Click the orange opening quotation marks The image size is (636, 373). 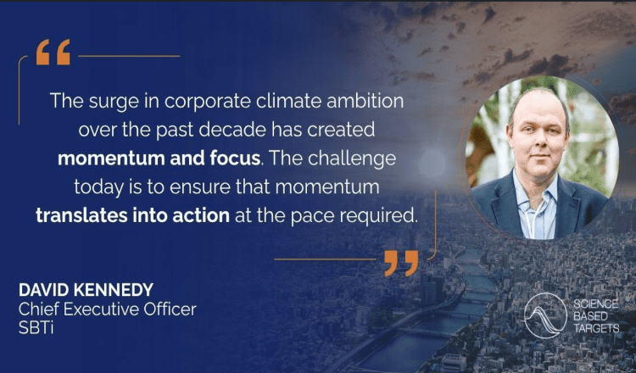(x=53, y=52)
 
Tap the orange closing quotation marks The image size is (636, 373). (x=401, y=263)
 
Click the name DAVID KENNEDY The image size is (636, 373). (x=86, y=290)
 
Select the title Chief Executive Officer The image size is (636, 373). (x=108, y=309)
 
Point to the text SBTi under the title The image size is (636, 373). (x=36, y=328)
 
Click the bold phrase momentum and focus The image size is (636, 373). (x=159, y=159)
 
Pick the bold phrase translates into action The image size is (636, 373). (x=132, y=215)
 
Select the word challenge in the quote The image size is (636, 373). (x=352, y=159)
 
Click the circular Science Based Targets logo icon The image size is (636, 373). (x=545, y=315)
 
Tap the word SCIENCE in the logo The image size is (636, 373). (x=596, y=304)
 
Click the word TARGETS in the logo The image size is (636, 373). (x=596, y=328)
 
